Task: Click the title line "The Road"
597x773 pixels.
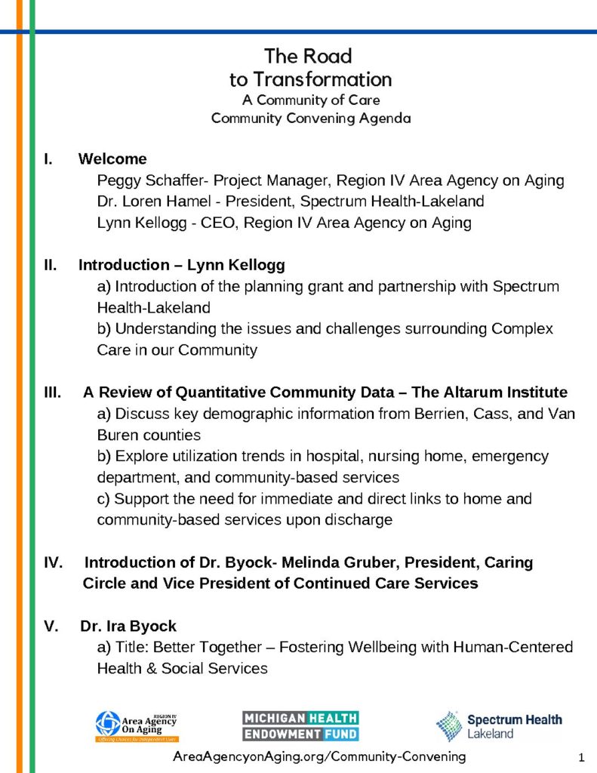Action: click(x=308, y=57)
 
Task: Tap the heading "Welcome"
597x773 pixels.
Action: click(x=112, y=159)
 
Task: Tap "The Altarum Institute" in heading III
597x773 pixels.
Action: click(x=499, y=393)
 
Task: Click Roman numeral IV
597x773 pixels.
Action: click(x=54, y=562)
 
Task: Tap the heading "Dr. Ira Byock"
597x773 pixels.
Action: click(x=128, y=626)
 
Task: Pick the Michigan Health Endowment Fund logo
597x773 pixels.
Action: click(x=300, y=725)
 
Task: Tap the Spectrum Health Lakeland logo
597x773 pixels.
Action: click(x=499, y=725)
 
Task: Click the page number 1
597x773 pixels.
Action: click(x=581, y=756)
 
